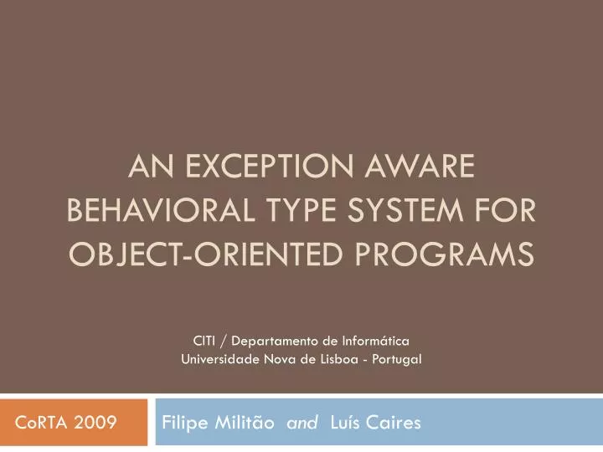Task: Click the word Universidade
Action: pos(216,360)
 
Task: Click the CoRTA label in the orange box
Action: pos(41,424)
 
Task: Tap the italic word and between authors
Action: pos(301,424)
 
